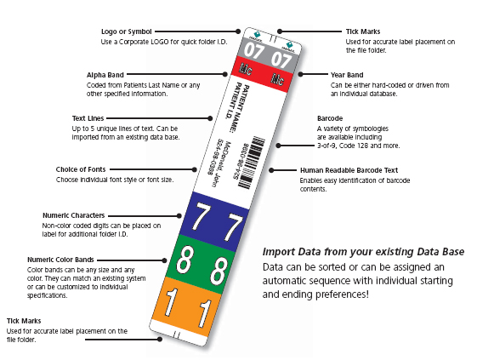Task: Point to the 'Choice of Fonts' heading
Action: [x=85, y=169]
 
